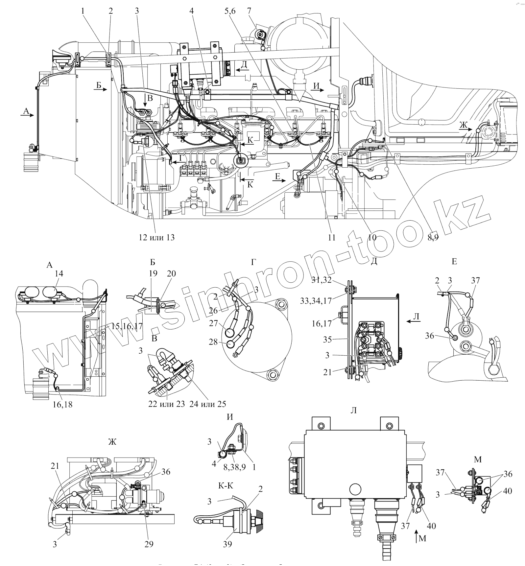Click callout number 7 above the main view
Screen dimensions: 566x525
(249, 11)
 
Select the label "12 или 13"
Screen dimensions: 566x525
(157, 237)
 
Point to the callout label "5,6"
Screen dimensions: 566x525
(230, 11)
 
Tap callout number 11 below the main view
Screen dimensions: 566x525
(332, 237)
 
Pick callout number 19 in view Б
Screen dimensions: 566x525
(153, 273)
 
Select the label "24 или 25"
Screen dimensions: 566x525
(207, 404)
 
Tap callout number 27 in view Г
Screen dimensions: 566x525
(213, 323)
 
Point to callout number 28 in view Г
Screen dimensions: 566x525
(213, 342)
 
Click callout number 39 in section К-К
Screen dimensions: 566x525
(227, 544)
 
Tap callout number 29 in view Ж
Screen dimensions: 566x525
(149, 544)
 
